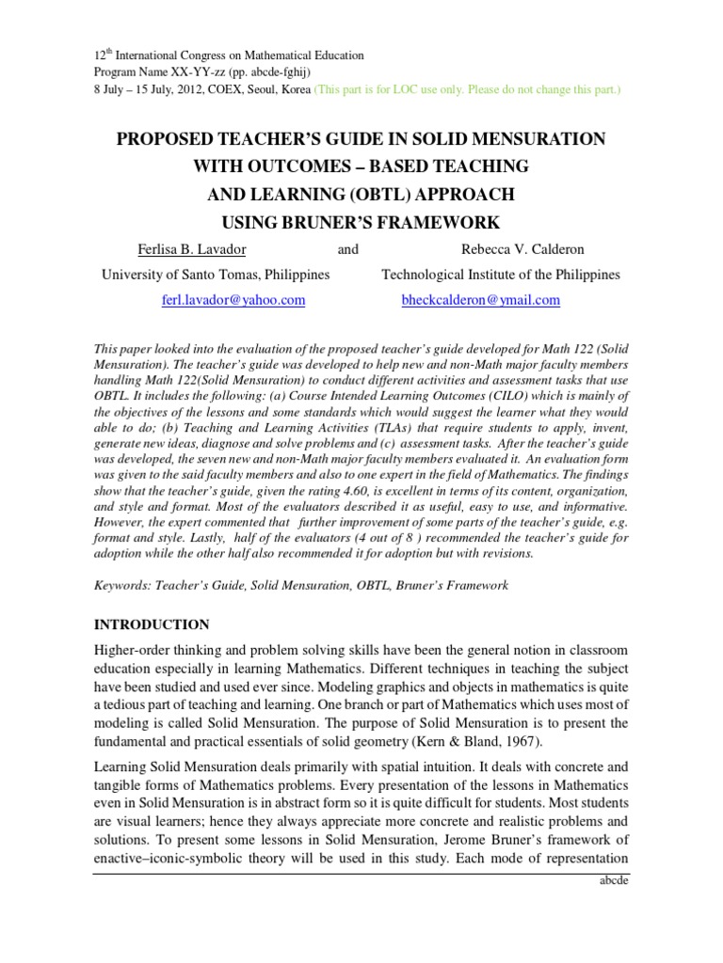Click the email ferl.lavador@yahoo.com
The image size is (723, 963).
pyautogui.click(x=234, y=300)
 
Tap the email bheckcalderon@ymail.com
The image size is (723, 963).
pyautogui.click(x=480, y=300)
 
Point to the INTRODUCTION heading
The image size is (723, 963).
pyautogui.click(x=151, y=624)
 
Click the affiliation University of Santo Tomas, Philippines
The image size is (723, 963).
pyautogui.click(x=216, y=275)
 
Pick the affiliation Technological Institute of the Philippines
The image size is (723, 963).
pyautogui.click(x=500, y=275)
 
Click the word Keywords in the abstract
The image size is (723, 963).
pyautogui.click(x=121, y=585)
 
